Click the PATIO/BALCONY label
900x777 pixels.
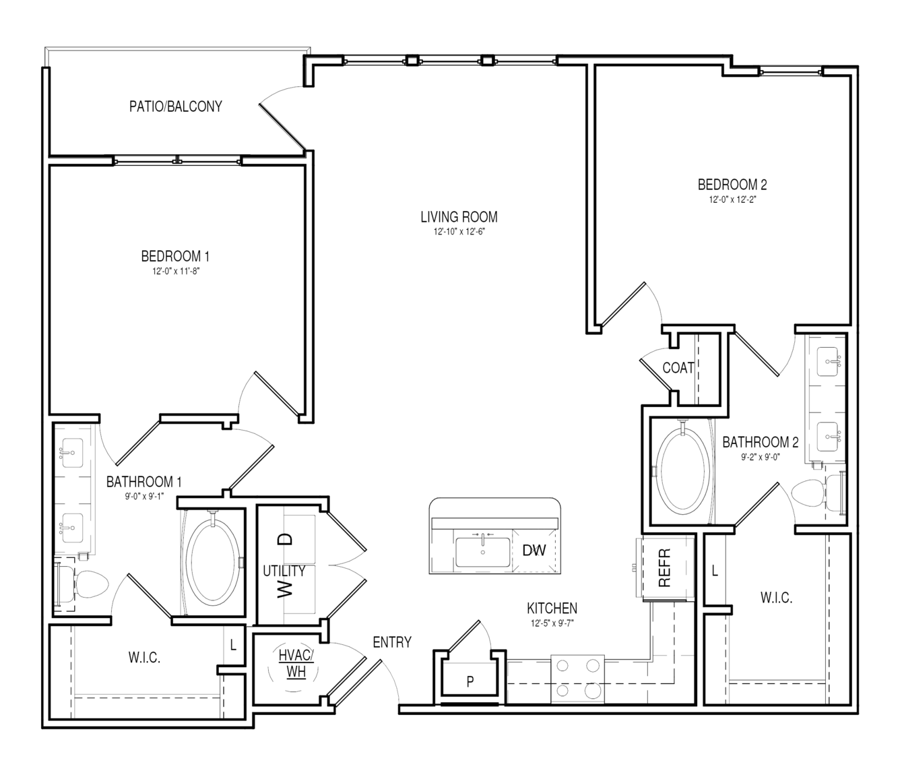(175, 106)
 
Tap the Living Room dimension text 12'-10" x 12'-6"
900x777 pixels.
(459, 232)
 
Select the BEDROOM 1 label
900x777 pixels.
(175, 256)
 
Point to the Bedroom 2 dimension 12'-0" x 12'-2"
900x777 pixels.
(732, 200)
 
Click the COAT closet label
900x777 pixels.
(678, 368)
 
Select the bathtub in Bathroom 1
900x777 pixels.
(213, 562)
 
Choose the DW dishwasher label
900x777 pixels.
(534, 551)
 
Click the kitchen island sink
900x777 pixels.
(482, 552)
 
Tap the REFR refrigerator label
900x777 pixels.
(664, 568)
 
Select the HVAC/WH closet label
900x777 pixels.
(296, 663)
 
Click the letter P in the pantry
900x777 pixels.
(470, 681)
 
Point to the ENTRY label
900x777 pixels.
(392, 642)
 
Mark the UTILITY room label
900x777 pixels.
(284, 571)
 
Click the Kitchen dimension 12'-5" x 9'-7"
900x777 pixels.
(552, 623)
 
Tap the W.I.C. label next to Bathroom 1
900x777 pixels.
(145, 657)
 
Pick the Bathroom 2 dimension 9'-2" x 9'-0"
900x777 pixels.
(761, 458)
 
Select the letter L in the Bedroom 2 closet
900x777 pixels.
(715, 571)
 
